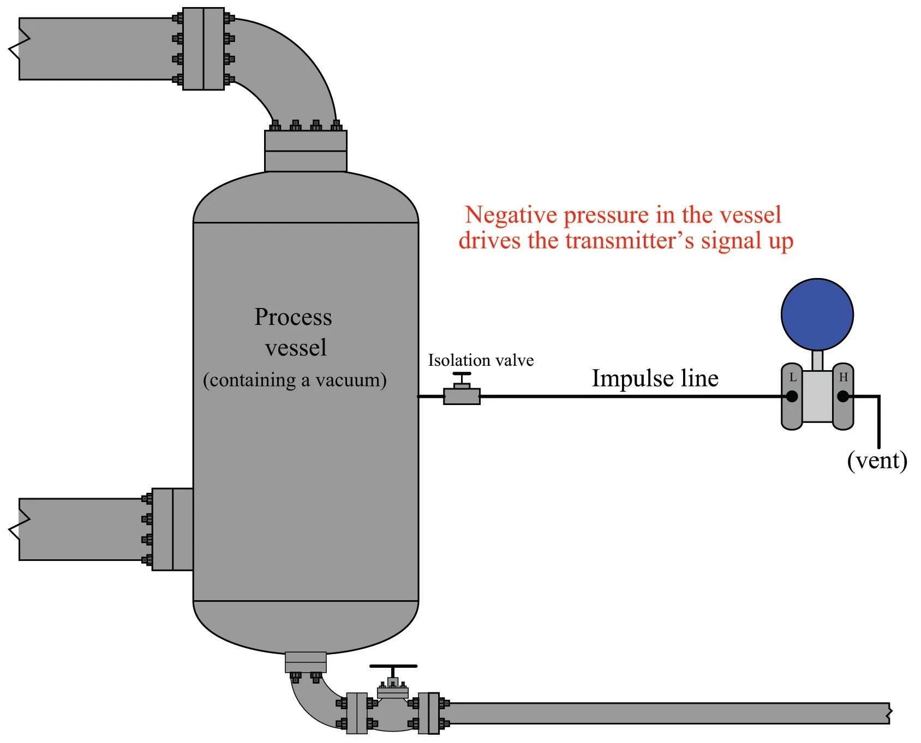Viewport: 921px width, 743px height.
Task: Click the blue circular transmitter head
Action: coord(817,315)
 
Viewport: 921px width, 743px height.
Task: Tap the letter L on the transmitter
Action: coord(793,377)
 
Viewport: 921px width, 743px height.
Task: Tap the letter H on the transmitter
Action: coord(843,377)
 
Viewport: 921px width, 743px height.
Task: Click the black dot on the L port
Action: coord(792,396)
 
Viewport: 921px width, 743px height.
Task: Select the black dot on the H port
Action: coord(843,396)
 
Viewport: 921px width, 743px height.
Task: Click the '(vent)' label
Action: coord(877,461)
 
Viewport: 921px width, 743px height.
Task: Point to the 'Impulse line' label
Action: coord(655,378)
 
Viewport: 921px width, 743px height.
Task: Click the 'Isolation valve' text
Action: coord(481,360)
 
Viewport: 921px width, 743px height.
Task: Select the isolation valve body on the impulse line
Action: coord(462,396)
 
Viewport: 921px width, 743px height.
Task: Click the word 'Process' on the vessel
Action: coord(293,317)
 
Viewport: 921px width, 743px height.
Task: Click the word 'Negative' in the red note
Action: coord(511,215)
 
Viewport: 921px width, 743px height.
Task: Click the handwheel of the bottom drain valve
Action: coord(393,666)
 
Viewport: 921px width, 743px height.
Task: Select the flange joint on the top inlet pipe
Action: coord(203,49)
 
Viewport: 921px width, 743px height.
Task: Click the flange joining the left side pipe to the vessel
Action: coord(172,529)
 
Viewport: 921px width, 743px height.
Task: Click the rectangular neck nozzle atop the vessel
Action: coord(306,151)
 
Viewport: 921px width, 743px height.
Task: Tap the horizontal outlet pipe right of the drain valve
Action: coord(666,713)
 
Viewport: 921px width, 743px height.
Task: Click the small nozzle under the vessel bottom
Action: coord(306,662)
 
